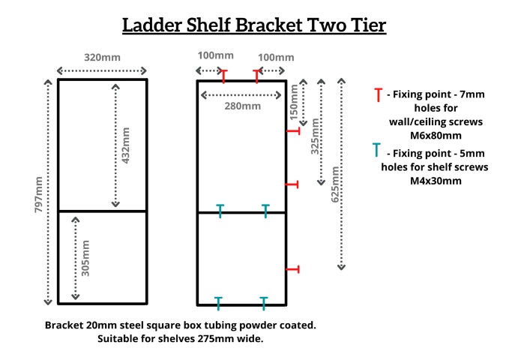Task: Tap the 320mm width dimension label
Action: pos(102,58)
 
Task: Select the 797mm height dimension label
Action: pos(38,193)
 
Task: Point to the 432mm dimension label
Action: pos(127,145)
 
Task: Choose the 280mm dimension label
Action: pos(242,106)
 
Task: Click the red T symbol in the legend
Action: pos(377,95)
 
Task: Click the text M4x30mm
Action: pos(434,181)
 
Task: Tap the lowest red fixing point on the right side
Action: pos(293,268)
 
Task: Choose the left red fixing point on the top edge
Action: pos(223,76)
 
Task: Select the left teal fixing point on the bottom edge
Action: pos(219,303)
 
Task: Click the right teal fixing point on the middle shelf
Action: pos(265,210)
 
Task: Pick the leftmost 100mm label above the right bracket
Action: pos(215,57)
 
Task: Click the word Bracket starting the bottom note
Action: pos(65,325)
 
